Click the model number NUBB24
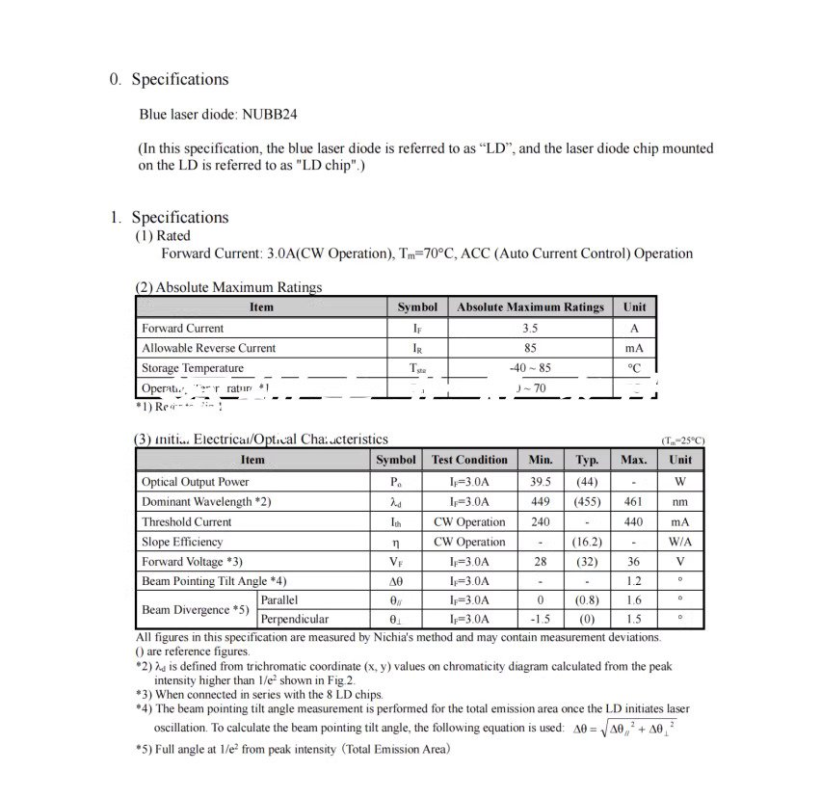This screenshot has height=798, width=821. [270, 114]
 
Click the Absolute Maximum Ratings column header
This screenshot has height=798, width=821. [530, 307]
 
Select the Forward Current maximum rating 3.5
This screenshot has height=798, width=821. [530, 328]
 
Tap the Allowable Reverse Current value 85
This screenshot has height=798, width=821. [530, 348]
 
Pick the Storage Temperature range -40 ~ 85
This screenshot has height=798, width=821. [530, 368]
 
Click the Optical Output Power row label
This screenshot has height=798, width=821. [195, 482]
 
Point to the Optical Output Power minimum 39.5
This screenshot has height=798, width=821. [541, 482]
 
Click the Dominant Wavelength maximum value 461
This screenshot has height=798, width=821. [633, 502]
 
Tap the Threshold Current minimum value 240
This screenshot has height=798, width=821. [541, 521]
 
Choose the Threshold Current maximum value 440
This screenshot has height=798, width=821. [633, 521]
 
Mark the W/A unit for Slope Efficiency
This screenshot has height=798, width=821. [680, 542]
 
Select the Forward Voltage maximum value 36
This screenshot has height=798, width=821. [633, 562]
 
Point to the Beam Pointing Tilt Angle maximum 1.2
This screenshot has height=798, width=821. [633, 581]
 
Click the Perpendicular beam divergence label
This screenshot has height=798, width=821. [295, 620]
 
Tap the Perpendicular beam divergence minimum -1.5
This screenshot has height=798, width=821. [541, 620]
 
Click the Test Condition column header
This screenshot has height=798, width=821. [469, 461]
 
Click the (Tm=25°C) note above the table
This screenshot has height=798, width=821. [682, 440]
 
